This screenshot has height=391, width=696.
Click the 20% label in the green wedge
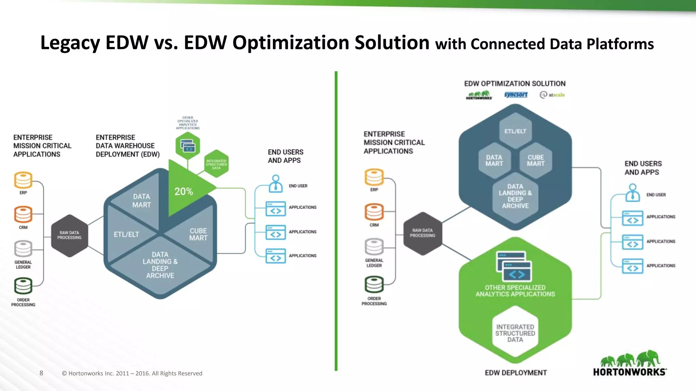(184, 191)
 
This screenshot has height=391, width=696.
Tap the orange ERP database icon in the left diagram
(23, 180)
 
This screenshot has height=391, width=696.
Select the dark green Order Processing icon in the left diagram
(23, 286)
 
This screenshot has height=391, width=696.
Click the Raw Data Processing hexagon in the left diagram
(69, 236)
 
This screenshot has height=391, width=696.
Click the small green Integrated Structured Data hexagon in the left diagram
(216, 164)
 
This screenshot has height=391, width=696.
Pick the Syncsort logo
(516, 95)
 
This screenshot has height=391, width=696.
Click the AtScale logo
(553, 95)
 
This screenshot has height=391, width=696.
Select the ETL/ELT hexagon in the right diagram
(515, 131)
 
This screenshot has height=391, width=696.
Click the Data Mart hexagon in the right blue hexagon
(494, 161)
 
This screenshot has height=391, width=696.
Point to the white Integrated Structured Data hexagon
(515, 333)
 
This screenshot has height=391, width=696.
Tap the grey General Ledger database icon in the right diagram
(374, 247)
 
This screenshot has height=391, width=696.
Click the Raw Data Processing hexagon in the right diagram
(422, 233)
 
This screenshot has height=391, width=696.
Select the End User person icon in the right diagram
(632, 192)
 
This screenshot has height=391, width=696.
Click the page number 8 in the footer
(41, 373)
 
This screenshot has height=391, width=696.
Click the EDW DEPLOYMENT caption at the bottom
(516, 373)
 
